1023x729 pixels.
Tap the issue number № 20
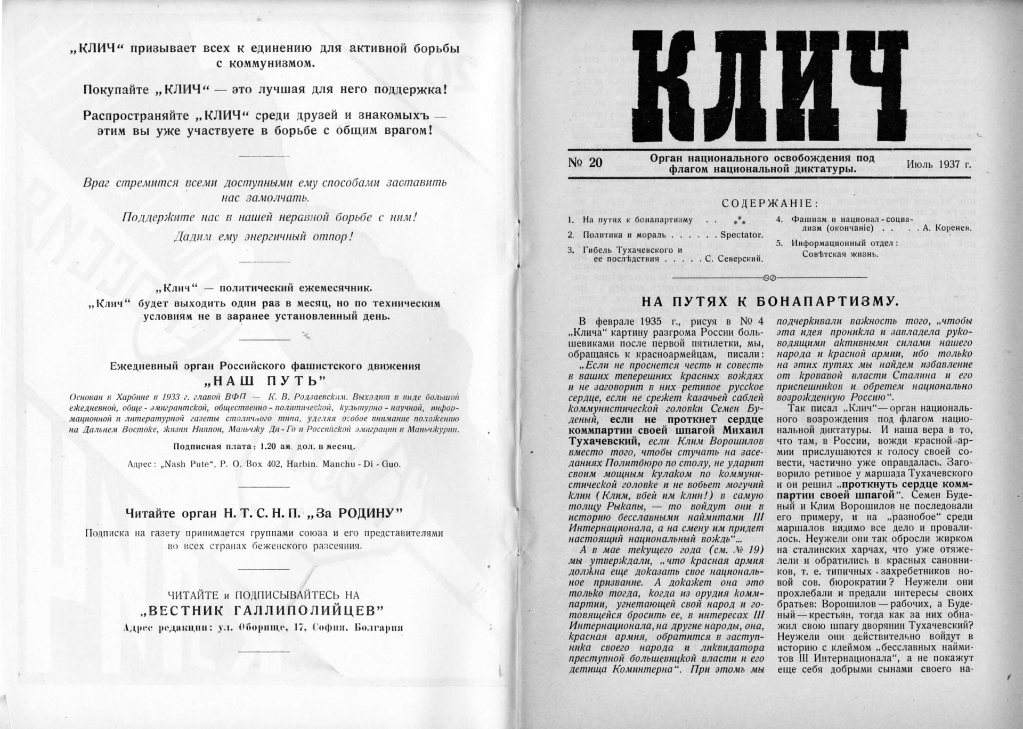(x=585, y=162)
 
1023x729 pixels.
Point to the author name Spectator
(x=741, y=234)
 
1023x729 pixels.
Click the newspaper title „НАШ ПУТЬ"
(x=265, y=381)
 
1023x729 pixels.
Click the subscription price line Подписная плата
(x=264, y=446)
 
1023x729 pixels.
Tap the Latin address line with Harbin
(x=264, y=464)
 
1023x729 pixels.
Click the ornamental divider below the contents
(x=769, y=278)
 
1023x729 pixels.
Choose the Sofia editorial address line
(x=263, y=627)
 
